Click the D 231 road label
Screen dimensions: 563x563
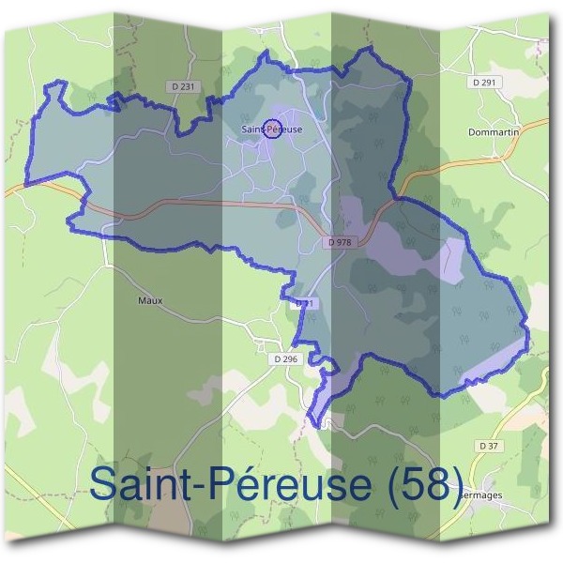[x=186, y=86]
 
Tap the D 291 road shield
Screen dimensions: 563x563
[x=484, y=83]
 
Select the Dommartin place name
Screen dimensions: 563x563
[x=494, y=133]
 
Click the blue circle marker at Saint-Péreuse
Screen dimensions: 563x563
[x=271, y=129]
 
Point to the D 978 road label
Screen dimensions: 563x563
[x=340, y=242]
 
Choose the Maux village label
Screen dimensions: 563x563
[x=150, y=300]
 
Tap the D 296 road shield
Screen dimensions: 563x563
[x=285, y=358]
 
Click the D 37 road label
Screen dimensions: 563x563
[x=487, y=446]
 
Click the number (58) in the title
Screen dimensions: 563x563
[x=418, y=484]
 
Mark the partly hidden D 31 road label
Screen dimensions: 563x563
[x=302, y=304]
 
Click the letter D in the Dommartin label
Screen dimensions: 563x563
[x=472, y=133]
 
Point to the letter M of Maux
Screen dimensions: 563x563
[x=142, y=300]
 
